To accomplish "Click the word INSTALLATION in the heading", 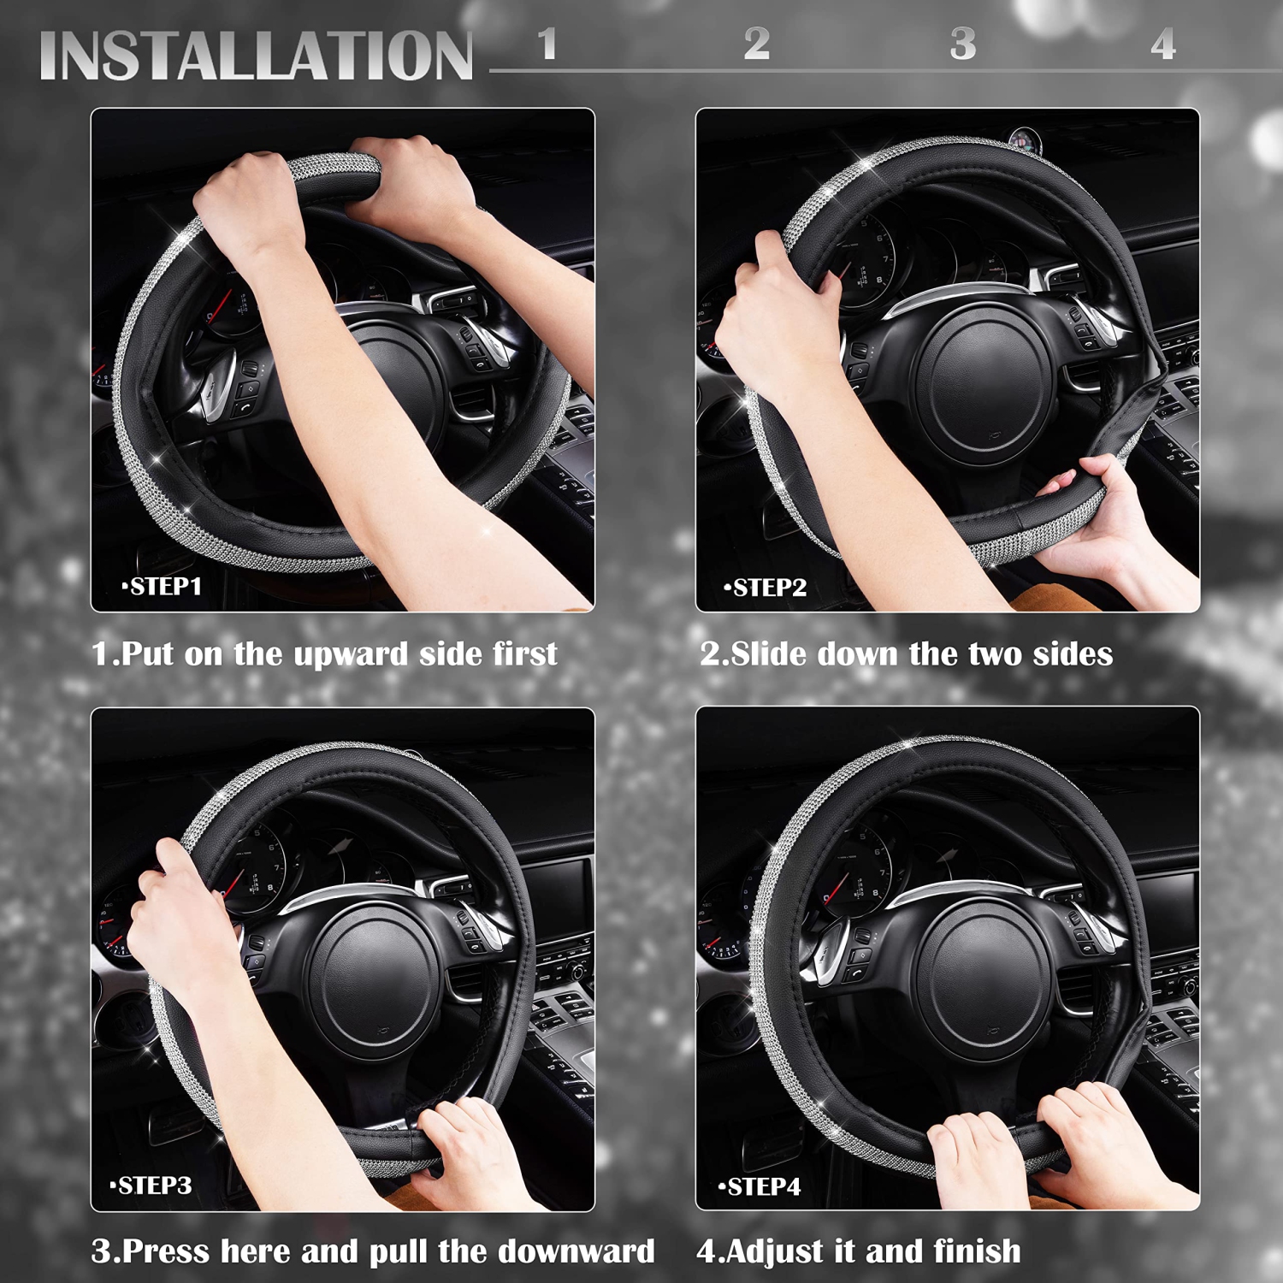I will [x=256, y=56].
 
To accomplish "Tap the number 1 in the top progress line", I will [x=547, y=44].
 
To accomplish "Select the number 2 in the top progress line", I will [x=756, y=44].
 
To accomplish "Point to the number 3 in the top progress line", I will [x=963, y=44].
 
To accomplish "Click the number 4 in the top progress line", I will [x=1162, y=44].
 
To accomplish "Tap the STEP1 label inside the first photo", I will [x=163, y=587].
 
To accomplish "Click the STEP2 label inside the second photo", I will [x=766, y=588].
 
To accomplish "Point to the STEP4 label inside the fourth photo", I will [x=760, y=1187].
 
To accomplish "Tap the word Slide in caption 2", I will [x=769, y=654].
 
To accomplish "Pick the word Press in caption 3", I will [x=167, y=1251].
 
